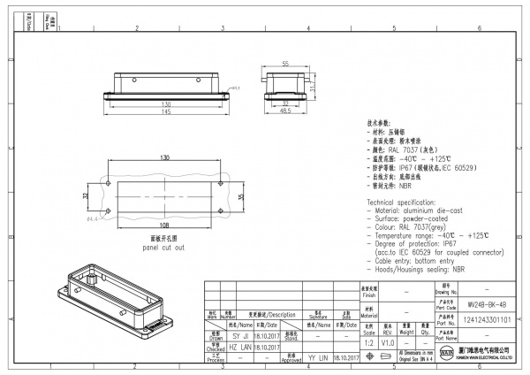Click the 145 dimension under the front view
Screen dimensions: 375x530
coord(166,112)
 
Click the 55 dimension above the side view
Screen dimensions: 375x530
coord(285,64)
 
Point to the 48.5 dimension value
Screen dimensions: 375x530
coord(285,112)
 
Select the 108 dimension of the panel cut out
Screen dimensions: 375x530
coord(165,226)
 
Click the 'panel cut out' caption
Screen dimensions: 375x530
coord(164,248)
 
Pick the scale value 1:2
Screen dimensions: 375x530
coord(367,341)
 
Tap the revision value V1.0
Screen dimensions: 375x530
coord(387,341)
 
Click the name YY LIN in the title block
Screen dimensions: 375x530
coord(317,357)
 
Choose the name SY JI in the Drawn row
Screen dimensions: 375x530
coord(239,336)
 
